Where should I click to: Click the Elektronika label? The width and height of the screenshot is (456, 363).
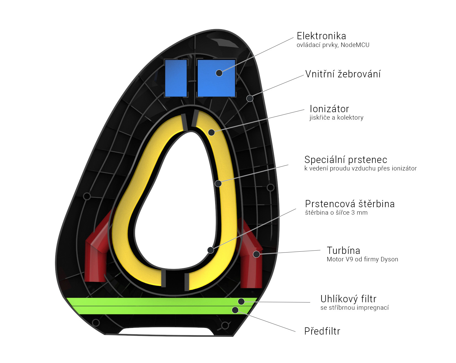[321, 36]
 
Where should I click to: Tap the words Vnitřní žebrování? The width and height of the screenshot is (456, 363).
[343, 74]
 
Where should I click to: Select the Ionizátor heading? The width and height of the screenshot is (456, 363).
[329, 109]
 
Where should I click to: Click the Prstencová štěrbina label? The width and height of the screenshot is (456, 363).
[350, 204]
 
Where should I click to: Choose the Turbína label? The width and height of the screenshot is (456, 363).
[343, 250]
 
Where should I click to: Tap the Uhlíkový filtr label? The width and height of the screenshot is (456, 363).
[348, 299]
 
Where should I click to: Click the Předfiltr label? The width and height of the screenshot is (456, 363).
[322, 331]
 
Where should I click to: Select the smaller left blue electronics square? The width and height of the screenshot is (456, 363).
[176, 78]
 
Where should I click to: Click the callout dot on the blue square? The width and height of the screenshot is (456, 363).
[219, 73]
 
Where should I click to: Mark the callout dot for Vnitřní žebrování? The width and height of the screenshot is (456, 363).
[250, 98]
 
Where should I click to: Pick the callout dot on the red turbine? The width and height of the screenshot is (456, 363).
[257, 254]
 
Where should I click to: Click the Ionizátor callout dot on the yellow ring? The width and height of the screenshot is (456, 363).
[211, 132]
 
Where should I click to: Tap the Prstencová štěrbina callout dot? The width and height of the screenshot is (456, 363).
[210, 250]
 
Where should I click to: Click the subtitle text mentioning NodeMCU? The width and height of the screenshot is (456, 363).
[333, 45]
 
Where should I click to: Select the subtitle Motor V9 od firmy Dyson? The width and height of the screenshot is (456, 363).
[362, 259]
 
